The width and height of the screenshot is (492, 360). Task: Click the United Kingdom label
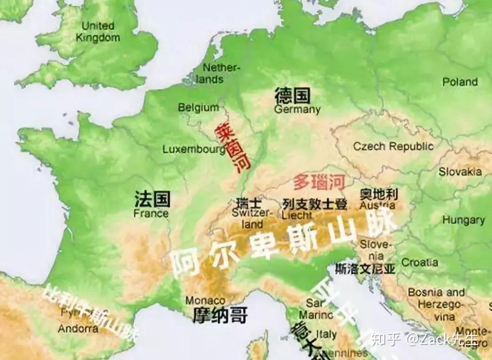[97, 31]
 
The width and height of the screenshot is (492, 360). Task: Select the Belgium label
[198, 107]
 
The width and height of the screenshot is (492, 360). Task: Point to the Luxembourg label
[194, 149]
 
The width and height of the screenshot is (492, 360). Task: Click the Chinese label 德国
[292, 96]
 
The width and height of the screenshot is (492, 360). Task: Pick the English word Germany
[297, 109]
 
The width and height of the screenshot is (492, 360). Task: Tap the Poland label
[460, 82]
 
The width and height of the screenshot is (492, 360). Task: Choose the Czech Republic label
[394, 146]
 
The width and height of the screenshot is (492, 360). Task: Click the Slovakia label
[460, 172]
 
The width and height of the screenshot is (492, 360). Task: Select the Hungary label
[464, 220]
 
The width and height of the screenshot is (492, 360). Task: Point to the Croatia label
[420, 263]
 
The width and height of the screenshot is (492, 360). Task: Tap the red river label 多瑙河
[318, 182]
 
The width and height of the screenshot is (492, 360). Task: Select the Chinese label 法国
[152, 199]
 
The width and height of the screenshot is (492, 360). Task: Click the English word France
[151, 213]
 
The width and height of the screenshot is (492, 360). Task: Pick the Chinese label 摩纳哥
[220, 315]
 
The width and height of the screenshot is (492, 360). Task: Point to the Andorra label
[78, 328]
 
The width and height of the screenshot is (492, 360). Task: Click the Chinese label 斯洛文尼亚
[364, 269]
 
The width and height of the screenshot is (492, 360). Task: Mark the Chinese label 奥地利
[379, 195]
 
